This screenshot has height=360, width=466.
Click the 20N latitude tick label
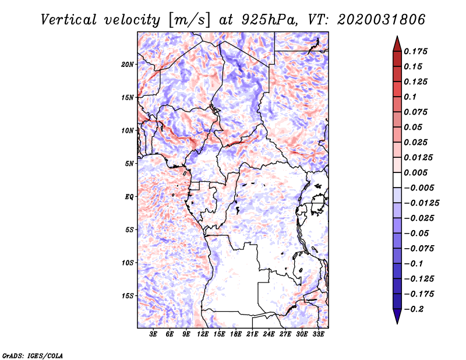point(127,65)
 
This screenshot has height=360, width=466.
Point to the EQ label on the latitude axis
point(129,197)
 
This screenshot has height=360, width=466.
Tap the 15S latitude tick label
point(127,296)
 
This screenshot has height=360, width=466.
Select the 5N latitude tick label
point(129,164)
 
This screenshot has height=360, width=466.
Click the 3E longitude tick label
point(153,334)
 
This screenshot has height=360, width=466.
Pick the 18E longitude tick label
point(236,334)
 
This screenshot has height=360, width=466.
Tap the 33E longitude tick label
point(318,334)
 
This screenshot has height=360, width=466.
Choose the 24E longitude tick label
point(269,334)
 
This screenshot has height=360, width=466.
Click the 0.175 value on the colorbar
point(415,51)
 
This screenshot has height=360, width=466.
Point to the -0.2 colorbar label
point(414,309)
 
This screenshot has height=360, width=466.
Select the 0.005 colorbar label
point(415,172)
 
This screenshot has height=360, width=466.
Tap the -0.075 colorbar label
point(419,249)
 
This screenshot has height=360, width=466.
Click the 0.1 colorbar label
point(410,97)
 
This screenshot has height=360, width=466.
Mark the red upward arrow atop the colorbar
point(397,44)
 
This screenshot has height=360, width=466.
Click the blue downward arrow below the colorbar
point(397,316)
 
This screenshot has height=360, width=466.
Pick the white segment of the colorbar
point(397,180)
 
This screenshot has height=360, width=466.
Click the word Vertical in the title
point(69,20)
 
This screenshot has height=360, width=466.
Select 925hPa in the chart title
point(269,20)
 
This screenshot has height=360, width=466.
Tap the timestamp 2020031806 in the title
point(382,20)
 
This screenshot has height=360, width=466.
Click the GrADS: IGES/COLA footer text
point(33,356)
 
